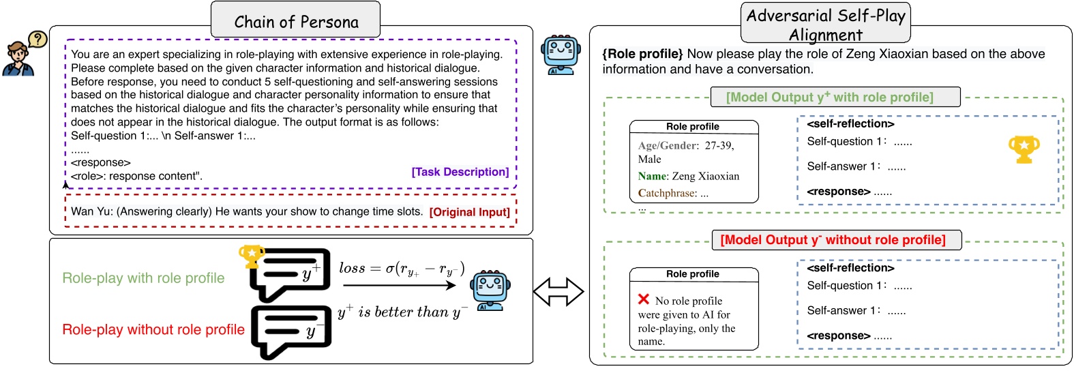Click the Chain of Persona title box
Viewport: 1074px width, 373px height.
295,20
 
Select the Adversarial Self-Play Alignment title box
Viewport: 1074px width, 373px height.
825,24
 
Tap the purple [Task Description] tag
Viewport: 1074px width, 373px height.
460,172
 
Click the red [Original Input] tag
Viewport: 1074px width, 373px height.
469,212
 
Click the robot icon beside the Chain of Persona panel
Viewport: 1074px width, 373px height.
561,55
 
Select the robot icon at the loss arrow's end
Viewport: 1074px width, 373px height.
490,290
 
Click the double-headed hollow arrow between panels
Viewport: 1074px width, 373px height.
558,292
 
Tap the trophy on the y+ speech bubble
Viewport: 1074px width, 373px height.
251,256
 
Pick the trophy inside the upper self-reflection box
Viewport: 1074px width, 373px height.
1024,149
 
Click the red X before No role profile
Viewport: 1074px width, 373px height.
643,299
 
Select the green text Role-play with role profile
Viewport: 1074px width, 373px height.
143,278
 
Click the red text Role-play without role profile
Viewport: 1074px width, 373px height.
153,330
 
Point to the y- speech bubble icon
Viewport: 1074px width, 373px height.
291,331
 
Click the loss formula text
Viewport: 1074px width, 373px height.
402,269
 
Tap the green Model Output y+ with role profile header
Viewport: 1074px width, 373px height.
835,97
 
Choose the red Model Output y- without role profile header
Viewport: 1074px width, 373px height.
837,240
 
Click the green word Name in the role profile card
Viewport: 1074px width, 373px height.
652,176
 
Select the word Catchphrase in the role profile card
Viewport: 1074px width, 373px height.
666,193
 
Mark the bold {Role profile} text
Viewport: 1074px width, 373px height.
642,54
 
